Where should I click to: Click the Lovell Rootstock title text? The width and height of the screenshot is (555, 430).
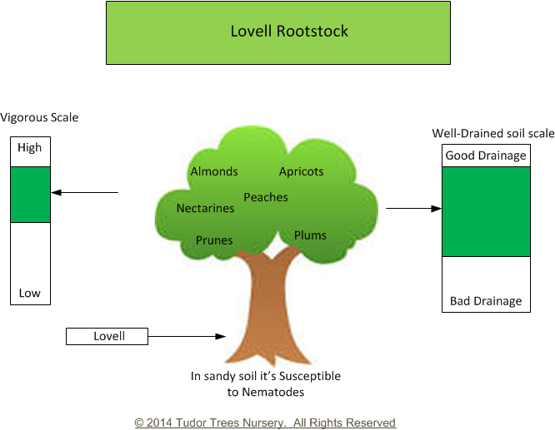(x=289, y=31)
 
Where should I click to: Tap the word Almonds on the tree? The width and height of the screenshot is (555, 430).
(x=214, y=171)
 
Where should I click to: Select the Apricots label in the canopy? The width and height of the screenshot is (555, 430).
(x=301, y=171)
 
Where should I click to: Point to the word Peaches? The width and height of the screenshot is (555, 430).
(x=266, y=197)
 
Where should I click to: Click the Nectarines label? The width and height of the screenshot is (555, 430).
(x=205, y=209)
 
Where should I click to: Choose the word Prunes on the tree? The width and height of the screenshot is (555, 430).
(x=214, y=240)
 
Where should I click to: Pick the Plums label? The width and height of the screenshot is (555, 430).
(x=310, y=235)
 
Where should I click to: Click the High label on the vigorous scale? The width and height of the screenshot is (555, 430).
(x=30, y=147)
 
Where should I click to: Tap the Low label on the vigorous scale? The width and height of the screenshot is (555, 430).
(x=30, y=293)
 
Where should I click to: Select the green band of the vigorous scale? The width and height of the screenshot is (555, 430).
(x=31, y=195)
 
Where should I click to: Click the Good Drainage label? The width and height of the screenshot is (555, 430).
(x=486, y=156)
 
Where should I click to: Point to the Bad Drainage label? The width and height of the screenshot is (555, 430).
(x=486, y=301)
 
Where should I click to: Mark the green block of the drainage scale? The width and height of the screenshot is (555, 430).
(x=487, y=211)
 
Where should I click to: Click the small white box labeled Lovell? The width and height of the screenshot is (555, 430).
(x=107, y=336)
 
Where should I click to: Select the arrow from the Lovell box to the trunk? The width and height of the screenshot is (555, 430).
(x=187, y=336)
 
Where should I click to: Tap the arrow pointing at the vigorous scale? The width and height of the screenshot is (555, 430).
(x=85, y=193)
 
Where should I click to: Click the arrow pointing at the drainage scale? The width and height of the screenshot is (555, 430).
(x=414, y=209)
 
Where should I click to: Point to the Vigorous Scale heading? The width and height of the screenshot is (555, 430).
(x=39, y=117)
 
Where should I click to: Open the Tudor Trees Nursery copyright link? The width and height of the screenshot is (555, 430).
(x=265, y=423)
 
